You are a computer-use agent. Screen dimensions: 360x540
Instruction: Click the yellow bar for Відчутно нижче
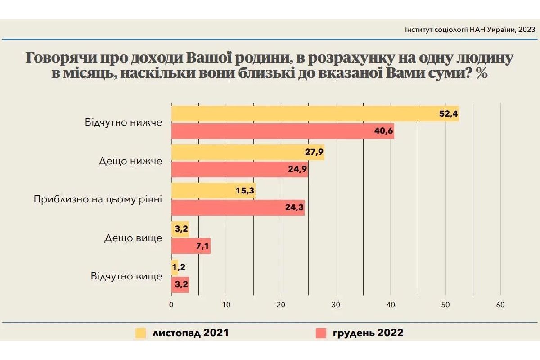[x=315, y=114]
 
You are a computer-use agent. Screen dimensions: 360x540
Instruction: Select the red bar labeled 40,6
[x=283, y=131]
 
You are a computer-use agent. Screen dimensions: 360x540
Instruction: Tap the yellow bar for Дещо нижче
[x=247, y=152]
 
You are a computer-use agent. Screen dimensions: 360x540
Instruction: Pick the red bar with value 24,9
[x=239, y=170]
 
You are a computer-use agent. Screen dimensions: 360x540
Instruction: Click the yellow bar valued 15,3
[x=213, y=191]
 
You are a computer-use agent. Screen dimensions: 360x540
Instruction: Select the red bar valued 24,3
[x=238, y=208]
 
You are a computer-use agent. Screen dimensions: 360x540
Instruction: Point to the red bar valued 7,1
[x=191, y=246]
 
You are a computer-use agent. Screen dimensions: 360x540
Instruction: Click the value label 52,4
[x=448, y=114]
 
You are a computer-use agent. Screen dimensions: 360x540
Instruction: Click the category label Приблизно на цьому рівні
[x=98, y=199]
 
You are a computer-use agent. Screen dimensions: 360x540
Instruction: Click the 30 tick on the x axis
[x=336, y=305]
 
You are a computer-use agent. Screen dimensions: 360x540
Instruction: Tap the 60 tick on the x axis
[x=500, y=305]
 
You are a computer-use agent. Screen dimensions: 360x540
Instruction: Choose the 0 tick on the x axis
[x=171, y=305]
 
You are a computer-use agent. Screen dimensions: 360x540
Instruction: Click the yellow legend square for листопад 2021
[x=141, y=333]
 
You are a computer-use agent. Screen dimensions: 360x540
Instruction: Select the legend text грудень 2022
[x=368, y=333]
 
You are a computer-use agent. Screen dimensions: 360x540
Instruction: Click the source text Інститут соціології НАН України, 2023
[x=470, y=30]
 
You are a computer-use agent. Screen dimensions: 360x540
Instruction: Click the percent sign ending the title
[x=481, y=73]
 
